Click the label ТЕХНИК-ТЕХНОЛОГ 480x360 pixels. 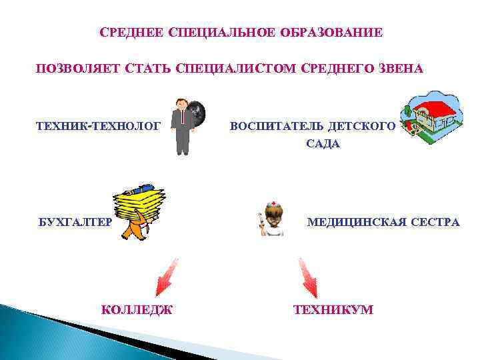click(x=99, y=125)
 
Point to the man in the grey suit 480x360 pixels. click(x=181, y=127)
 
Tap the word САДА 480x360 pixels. click(x=323, y=144)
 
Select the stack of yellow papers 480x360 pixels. click(x=137, y=203)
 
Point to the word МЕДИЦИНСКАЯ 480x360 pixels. click(x=353, y=222)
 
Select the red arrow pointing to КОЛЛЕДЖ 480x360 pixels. click(x=166, y=276)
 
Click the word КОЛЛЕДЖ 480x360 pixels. click(x=137, y=309)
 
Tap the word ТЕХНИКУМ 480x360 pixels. click(x=333, y=309)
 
